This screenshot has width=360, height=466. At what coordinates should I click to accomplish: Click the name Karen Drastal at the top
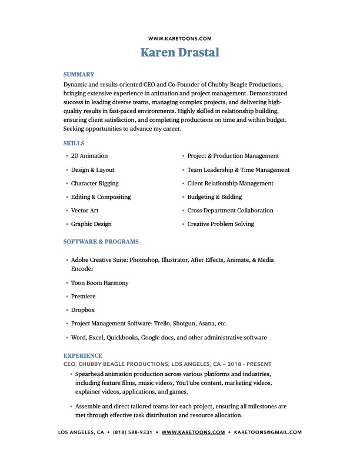click(x=179, y=52)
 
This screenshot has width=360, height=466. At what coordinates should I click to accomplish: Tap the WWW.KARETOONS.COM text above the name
click(x=179, y=38)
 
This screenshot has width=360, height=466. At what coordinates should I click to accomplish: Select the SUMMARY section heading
click(x=79, y=75)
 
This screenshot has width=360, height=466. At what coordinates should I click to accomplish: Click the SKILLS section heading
click(x=74, y=144)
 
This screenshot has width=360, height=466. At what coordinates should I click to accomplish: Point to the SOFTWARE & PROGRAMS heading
click(x=101, y=242)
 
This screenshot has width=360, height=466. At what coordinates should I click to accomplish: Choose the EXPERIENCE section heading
click(x=82, y=356)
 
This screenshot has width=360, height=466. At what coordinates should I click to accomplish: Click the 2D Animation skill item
click(x=89, y=156)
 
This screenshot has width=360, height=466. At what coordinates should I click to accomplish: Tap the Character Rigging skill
click(x=95, y=184)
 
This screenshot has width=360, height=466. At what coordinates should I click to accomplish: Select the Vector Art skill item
click(x=85, y=211)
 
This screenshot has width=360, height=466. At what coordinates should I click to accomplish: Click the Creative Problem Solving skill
click(x=221, y=224)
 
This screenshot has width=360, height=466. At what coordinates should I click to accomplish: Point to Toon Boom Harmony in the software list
click(x=100, y=283)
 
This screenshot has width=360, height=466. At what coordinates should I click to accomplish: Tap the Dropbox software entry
click(x=83, y=310)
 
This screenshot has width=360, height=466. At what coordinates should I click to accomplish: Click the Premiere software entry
click(x=83, y=297)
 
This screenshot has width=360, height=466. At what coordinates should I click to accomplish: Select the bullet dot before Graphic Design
click(x=66, y=225)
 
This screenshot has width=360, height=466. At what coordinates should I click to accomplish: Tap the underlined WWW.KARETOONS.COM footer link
click(x=194, y=432)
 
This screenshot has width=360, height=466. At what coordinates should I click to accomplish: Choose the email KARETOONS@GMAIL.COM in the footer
click(x=268, y=432)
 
